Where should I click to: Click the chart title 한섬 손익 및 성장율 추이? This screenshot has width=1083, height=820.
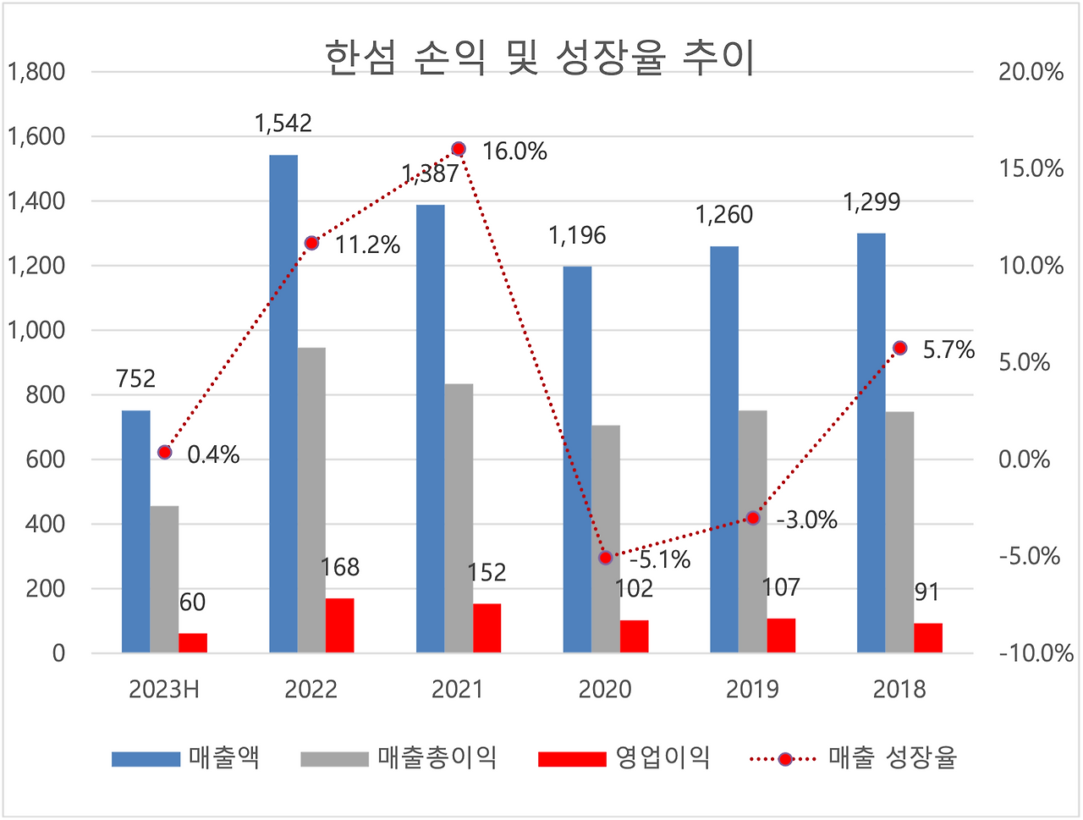tap(540, 59)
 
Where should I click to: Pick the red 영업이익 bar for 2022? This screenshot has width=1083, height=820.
tap(340, 625)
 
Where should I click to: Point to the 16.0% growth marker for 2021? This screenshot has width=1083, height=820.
tap(459, 149)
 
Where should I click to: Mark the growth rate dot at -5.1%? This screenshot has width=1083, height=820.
tap(605, 558)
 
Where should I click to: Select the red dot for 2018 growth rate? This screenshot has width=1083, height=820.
tap(900, 348)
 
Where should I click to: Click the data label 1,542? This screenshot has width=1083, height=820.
tap(283, 124)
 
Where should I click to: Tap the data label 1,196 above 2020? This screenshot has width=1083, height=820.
tap(577, 235)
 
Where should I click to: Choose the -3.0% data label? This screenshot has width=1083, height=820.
tap(806, 520)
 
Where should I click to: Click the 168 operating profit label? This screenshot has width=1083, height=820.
tap(340, 567)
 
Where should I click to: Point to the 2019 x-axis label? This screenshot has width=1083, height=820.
tap(752, 690)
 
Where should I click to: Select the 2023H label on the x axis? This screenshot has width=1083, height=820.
tap(164, 690)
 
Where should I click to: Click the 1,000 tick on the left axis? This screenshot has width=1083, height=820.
tap(36, 330)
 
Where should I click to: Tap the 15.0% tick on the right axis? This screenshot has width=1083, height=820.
tap(1031, 168)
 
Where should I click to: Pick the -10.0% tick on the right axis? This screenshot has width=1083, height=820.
tap(1036, 653)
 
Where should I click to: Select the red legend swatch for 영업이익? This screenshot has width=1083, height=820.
tap(572, 758)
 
